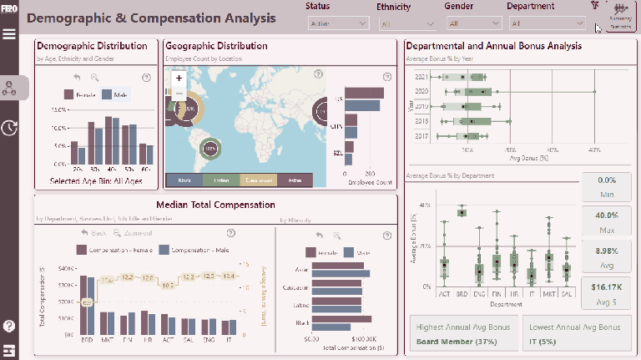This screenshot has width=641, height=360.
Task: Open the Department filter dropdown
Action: point(540,23)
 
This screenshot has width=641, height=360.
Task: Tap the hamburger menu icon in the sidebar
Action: point(9,34)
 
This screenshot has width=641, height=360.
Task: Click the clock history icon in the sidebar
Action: point(9,128)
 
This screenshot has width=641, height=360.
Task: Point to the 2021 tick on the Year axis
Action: point(423,77)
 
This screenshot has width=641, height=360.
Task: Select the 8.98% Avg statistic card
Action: point(606,256)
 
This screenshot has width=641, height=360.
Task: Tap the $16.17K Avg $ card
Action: point(606,292)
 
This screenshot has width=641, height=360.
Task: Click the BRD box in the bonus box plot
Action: point(462,212)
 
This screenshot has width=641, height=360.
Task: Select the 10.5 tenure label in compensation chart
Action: point(169,285)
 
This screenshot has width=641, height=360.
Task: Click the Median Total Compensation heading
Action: point(215,205)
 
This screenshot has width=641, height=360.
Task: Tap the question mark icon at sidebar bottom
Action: point(9,326)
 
